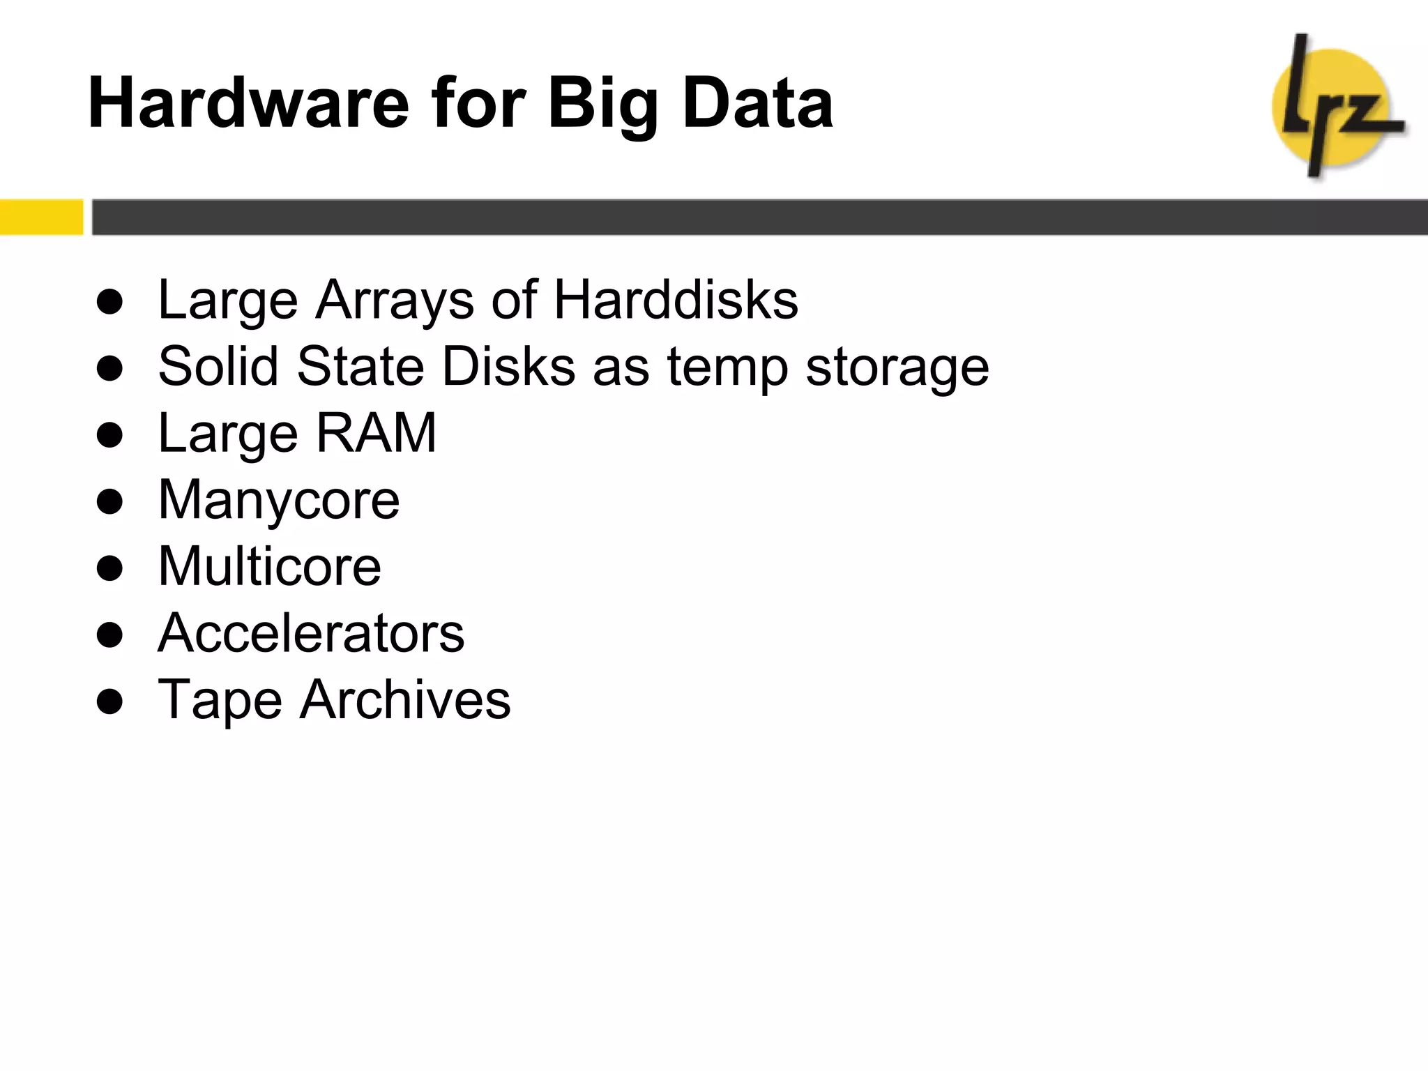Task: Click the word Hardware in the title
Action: (248, 103)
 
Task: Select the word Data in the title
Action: (758, 103)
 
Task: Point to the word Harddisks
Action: (676, 300)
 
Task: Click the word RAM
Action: (376, 433)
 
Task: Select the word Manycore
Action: (279, 501)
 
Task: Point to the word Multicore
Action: (269, 565)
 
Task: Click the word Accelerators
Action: (311, 632)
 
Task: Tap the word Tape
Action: (220, 700)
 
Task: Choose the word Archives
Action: (405, 699)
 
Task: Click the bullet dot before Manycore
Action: (110, 501)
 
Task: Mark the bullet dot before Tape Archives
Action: (110, 701)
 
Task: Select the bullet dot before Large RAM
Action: (110, 434)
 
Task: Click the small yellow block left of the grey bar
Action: (41, 217)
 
